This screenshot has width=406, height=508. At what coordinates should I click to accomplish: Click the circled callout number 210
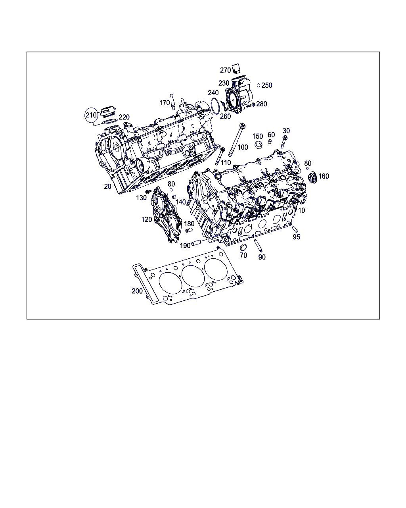(x=91, y=115)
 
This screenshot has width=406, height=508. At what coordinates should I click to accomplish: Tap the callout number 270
(x=225, y=70)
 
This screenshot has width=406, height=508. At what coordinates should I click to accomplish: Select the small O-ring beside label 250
(x=259, y=85)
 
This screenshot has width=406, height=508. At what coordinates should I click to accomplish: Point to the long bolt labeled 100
(x=236, y=140)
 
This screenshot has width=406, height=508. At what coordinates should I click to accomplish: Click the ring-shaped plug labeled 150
(x=259, y=144)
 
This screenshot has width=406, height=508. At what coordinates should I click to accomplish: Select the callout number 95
(x=296, y=237)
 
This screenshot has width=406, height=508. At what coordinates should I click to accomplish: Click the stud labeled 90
(x=259, y=246)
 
